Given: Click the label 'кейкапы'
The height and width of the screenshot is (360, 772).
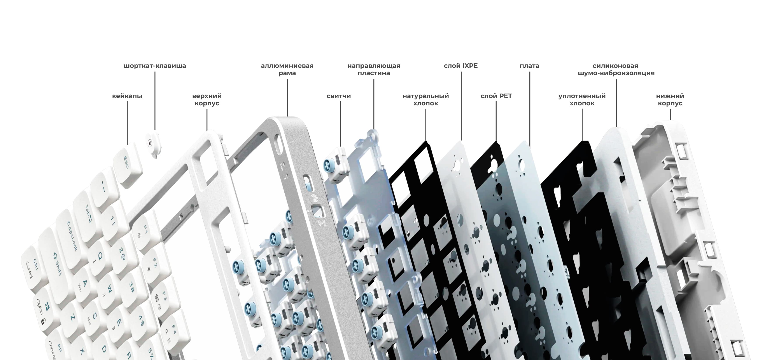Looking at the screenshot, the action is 127,96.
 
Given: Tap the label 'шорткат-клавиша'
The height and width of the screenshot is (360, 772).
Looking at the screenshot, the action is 155,66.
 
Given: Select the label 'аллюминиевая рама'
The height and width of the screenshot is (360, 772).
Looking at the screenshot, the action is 287,70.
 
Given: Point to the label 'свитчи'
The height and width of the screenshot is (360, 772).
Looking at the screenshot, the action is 339,96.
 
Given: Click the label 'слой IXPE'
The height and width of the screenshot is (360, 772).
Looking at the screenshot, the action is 461,66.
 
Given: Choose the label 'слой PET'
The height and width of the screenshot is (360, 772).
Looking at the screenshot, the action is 496,96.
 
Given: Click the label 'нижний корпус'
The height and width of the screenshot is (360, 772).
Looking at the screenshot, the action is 670,100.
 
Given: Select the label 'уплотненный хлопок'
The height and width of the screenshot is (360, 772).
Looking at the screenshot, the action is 582,100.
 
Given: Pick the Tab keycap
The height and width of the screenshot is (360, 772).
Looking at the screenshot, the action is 87,214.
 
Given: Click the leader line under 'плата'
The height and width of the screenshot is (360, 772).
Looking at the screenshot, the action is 530,109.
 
